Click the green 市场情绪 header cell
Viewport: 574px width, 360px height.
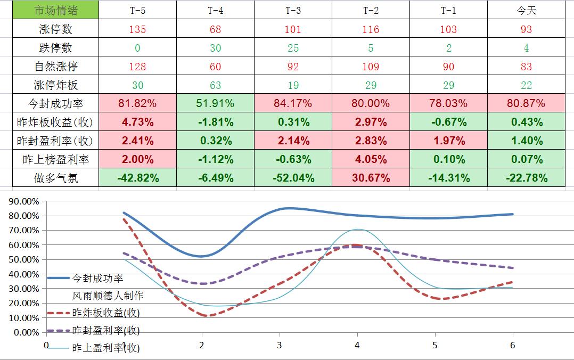pos(55,11)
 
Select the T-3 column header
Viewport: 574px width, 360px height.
pos(293,11)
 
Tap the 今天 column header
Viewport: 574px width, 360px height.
pos(526,11)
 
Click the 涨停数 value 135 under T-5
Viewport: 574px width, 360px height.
pos(137,29)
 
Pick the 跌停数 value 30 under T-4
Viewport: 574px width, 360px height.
pos(215,48)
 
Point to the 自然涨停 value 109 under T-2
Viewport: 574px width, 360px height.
pos(371,67)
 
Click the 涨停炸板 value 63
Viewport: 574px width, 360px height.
pos(215,85)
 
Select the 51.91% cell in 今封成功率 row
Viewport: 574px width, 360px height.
pos(215,103)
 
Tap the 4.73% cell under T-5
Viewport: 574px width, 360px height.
pos(137,122)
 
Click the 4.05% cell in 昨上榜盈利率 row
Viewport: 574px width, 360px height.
pos(371,159)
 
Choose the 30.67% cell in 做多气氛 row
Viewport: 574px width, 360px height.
pos(371,178)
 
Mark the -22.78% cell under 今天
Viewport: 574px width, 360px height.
pos(526,178)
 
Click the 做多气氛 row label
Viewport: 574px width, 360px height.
pos(55,178)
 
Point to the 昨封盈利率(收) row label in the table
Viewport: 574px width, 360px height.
pos(55,141)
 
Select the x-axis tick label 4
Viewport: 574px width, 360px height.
pos(357,345)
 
